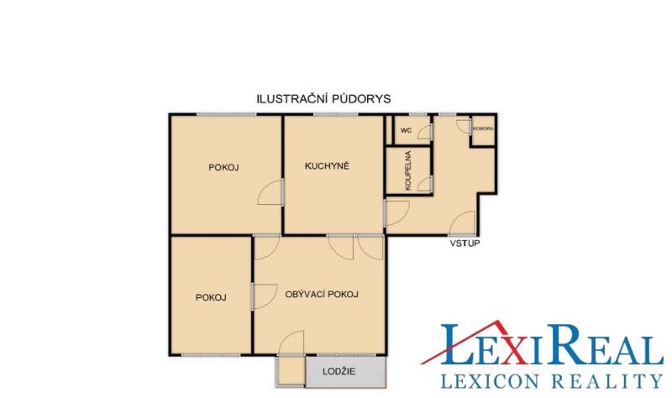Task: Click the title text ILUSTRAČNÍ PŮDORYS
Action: tap(323, 99)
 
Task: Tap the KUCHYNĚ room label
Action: tap(327, 165)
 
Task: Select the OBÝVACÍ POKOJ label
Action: tap(322, 295)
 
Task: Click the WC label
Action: tap(406, 130)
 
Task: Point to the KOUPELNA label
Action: tap(408, 170)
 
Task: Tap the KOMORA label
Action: tap(483, 128)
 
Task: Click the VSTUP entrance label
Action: tap(465, 244)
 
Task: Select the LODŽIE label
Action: tap(339, 371)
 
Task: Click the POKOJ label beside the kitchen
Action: tap(223, 167)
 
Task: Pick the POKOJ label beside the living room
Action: tap(211, 297)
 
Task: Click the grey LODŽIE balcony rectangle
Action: tap(345, 372)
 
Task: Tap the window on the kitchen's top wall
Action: tap(335, 114)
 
